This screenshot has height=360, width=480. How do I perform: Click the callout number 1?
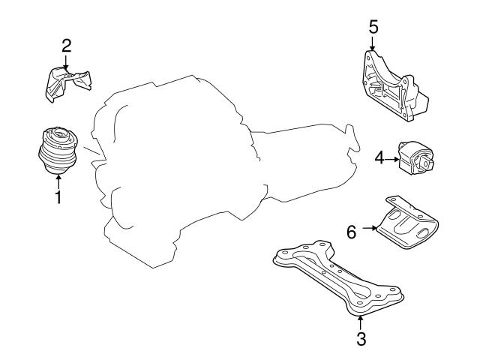[57, 198]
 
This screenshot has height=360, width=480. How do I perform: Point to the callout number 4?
[379, 157]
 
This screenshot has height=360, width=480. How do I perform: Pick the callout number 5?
[373, 27]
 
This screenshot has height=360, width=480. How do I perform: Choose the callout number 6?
[351, 232]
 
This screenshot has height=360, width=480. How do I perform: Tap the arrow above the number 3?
[361, 322]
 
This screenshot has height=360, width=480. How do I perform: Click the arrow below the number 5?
[373, 43]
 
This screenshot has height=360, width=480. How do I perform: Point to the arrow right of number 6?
[369, 226]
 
